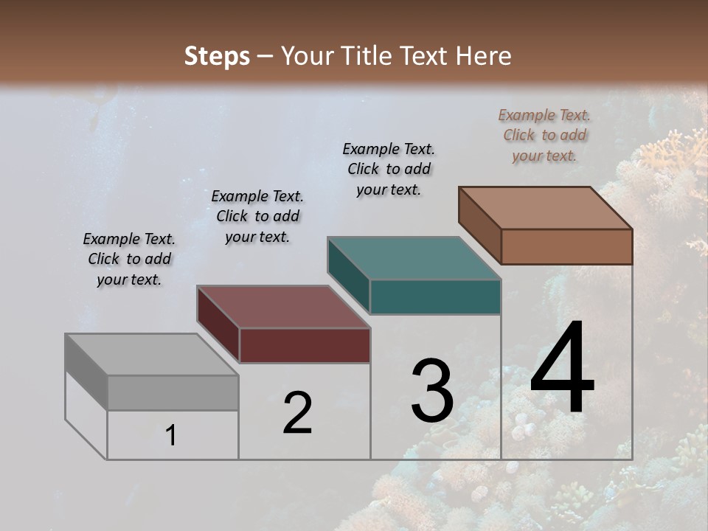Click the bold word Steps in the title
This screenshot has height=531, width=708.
(x=217, y=56)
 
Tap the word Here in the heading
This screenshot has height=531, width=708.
(x=485, y=56)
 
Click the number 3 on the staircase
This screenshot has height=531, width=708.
(x=432, y=391)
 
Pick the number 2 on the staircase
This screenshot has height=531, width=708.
(x=297, y=413)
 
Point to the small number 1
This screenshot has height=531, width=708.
(x=171, y=435)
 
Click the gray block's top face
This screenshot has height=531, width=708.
(x=151, y=355)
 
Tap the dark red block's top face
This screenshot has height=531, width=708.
(x=282, y=307)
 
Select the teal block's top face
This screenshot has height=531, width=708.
(x=414, y=258)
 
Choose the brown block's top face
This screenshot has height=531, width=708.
(x=546, y=208)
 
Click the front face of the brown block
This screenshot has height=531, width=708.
(x=566, y=246)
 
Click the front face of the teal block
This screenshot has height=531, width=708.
(x=435, y=297)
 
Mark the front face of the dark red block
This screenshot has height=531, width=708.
(x=305, y=346)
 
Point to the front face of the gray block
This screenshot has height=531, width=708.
(x=173, y=393)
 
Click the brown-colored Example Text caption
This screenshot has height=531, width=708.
(x=544, y=135)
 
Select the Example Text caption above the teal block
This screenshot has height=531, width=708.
(x=389, y=169)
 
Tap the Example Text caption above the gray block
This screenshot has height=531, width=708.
(x=129, y=259)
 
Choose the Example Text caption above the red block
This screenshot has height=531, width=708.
(x=257, y=216)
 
